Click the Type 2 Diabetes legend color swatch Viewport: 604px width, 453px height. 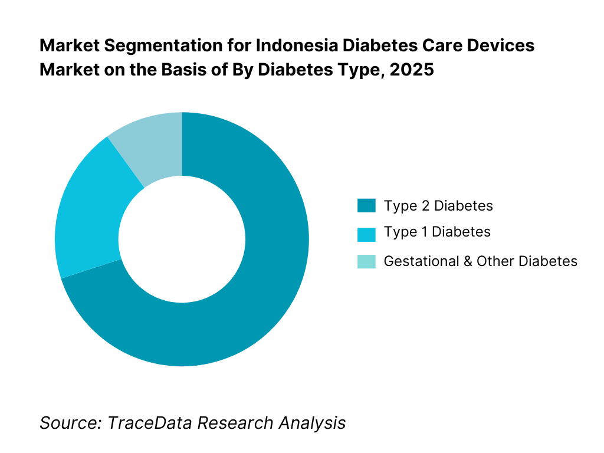pyautogui.click(x=366, y=206)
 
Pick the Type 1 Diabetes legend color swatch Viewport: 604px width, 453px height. pyautogui.click(x=366, y=234)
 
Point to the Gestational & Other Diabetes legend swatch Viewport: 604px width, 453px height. pyautogui.click(x=366, y=261)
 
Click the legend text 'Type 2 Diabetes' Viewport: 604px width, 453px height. pyautogui.click(x=438, y=206)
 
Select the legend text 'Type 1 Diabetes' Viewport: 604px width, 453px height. pyautogui.click(x=437, y=232)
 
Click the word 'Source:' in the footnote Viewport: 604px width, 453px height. pyautogui.click(x=63, y=422)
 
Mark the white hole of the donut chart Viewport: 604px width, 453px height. pyautogui.click(x=182, y=239)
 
